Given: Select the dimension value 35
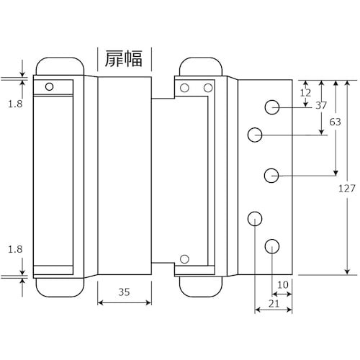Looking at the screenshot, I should (124, 292).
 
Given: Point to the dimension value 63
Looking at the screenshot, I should (335, 122).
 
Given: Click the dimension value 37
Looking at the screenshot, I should (321, 106).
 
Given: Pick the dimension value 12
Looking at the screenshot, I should (305, 92).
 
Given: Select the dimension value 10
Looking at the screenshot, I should (282, 285).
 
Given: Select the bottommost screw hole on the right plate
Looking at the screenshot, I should (271, 246).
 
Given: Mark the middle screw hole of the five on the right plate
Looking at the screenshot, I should (271, 175).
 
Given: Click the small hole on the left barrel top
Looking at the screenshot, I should (49, 87).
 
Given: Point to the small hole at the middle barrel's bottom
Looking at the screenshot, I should (185, 258).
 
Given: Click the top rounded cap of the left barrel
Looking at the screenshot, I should (56, 66).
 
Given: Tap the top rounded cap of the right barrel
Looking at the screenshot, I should (198, 66).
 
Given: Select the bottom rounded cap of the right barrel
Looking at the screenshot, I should (198, 286).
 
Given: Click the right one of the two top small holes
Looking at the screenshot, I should (207, 88).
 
